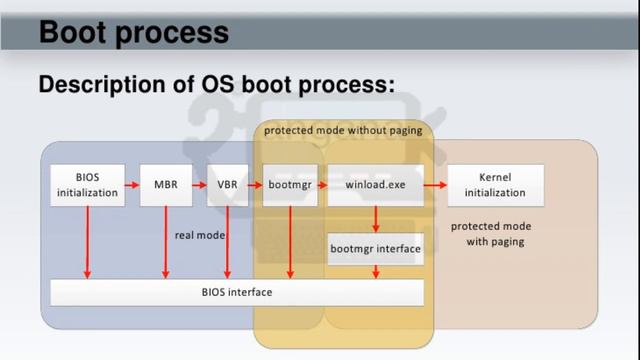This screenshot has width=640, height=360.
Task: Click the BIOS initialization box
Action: pos(87,186)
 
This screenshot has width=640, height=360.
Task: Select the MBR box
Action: pos(165,186)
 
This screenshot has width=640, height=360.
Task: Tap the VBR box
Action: pos(227,186)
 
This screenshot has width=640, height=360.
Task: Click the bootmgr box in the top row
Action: pos(290,186)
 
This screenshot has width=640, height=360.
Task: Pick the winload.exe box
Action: pos(375,186)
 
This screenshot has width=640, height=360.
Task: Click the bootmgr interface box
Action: pos(375,248)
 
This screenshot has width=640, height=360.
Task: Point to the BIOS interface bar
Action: pos(237,292)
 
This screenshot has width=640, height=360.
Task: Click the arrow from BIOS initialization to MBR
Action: pos(132,186)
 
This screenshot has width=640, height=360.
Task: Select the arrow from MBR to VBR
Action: pos(198,186)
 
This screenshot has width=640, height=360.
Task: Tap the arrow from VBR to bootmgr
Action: pos(256,186)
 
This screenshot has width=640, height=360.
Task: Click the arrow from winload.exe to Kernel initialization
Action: pos(435,186)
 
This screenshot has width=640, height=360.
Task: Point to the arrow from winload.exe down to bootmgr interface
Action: pos(375,218)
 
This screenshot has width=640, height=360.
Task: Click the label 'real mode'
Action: pos(200,235)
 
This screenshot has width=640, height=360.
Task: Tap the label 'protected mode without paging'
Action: pos(343,130)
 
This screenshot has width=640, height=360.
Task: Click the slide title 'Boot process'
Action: pos(134,32)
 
